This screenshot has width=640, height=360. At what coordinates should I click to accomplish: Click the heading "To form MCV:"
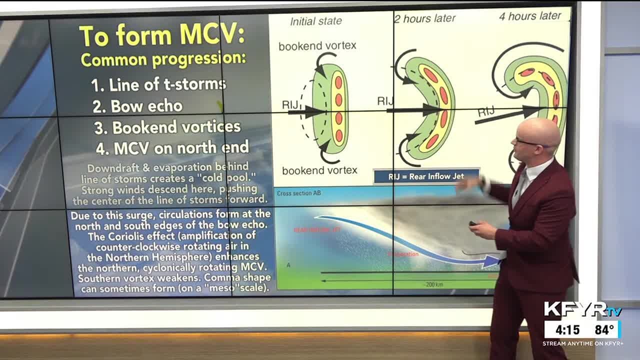162,34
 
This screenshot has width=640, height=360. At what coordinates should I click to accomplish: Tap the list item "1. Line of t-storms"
159,84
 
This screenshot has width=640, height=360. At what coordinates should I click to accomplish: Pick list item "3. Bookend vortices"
167,127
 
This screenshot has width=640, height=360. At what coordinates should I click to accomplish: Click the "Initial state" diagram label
316,21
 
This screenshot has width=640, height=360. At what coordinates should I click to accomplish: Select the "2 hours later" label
425,18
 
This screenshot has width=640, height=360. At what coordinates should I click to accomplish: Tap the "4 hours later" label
530,16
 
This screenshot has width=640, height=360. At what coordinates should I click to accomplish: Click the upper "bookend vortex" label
317,46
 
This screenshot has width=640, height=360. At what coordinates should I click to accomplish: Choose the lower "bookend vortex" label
319,170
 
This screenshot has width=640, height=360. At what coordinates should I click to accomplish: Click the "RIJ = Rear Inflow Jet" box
426,176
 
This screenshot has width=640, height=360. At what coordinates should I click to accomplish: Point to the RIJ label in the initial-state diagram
290,104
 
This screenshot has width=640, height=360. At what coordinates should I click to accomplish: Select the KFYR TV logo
582,309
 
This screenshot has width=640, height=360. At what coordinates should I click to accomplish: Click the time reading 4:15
567,330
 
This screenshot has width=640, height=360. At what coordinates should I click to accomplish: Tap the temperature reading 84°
604,330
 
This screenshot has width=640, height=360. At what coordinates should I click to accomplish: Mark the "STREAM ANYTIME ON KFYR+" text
582,343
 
